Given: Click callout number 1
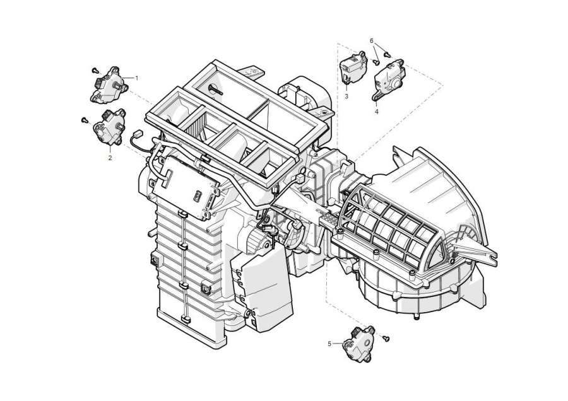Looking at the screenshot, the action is [136, 78].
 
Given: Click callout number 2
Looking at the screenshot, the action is [110, 158].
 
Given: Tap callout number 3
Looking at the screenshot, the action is [346, 96].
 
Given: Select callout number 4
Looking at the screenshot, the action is [376, 112].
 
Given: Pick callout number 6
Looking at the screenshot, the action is [371, 41].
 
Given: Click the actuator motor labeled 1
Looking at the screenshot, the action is [109, 85].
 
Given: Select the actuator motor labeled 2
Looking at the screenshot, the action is [110, 126].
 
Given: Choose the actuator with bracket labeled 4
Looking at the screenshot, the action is [388, 79].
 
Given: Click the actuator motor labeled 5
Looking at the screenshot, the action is [358, 344].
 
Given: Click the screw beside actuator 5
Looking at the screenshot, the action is [386, 339].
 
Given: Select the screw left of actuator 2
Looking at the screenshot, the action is [85, 119].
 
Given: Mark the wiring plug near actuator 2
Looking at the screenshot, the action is [137, 134].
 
